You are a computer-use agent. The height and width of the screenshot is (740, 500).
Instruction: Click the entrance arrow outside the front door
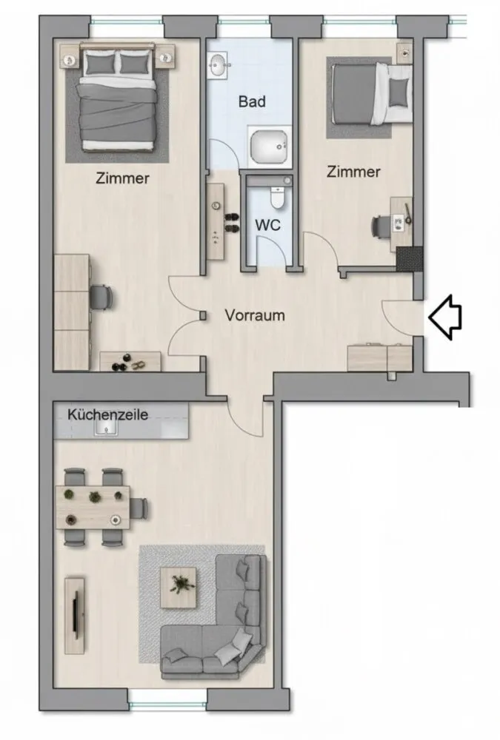445,317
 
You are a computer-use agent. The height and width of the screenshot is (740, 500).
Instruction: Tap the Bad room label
252,101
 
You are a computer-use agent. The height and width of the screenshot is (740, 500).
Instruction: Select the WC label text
267,225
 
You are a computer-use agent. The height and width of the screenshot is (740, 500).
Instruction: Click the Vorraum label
255,314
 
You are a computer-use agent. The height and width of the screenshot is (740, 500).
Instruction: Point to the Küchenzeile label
107,414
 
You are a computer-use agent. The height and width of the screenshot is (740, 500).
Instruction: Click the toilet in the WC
277,198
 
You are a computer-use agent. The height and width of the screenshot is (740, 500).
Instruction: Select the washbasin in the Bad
219,64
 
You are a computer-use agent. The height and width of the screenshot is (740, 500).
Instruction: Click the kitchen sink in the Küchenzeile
107,428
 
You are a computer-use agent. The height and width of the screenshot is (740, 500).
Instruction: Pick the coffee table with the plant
179,588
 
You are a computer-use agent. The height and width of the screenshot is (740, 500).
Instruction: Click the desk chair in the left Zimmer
101,297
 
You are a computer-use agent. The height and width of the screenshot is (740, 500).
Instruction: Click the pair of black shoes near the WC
232,223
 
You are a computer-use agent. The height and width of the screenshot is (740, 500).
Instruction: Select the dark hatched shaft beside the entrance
409,259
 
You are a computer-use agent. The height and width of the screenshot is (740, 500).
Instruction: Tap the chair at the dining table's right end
139,508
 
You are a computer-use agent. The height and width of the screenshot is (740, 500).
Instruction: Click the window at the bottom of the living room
167,705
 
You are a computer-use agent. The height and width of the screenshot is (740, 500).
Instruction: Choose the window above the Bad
244,21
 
